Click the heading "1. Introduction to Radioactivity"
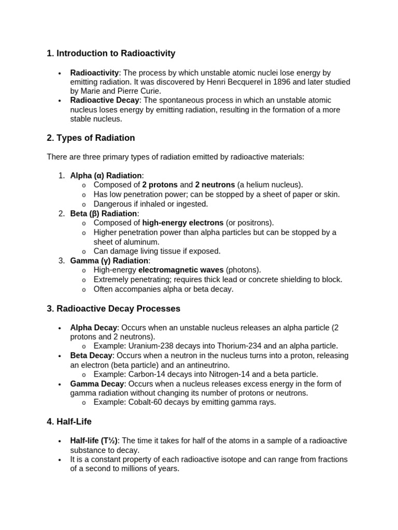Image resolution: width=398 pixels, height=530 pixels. (111, 53)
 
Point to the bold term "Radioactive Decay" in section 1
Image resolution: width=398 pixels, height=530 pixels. (105, 100)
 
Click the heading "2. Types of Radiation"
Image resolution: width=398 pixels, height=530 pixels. (91, 138)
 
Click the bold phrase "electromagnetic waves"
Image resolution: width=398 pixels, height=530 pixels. (181, 270)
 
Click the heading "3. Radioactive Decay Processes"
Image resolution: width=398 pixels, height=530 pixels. (113, 308)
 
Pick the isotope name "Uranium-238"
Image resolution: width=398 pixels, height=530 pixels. (149, 346)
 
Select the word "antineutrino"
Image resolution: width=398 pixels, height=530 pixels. (207, 365)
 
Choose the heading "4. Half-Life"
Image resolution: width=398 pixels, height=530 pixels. (69, 422)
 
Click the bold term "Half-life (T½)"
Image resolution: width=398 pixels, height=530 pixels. (95, 440)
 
